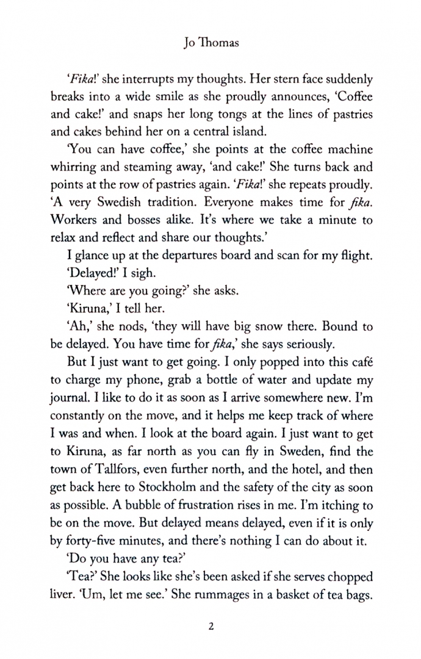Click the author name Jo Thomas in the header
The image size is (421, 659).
pos(210,43)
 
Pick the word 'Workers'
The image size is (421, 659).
pos(72,218)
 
